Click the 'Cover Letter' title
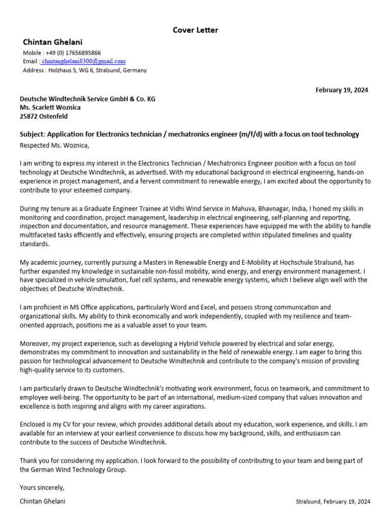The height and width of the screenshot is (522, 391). (x=195, y=30)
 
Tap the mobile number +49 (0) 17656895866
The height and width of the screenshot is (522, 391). (x=73, y=53)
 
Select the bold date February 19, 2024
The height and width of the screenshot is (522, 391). (x=342, y=90)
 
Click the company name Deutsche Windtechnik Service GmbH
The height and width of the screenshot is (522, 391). (x=87, y=99)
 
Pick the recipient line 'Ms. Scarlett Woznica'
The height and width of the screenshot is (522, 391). (x=50, y=108)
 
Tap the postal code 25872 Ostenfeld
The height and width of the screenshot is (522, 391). (x=43, y=116)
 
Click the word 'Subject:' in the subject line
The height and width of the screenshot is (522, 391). (x=33, y=134)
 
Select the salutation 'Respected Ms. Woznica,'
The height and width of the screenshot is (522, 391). (x=54, y=146)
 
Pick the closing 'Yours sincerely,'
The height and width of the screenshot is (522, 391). (x=42, y=487)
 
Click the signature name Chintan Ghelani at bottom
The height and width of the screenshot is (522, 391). (x=43, y=501)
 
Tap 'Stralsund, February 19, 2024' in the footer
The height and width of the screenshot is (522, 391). (x=333, y=502)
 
